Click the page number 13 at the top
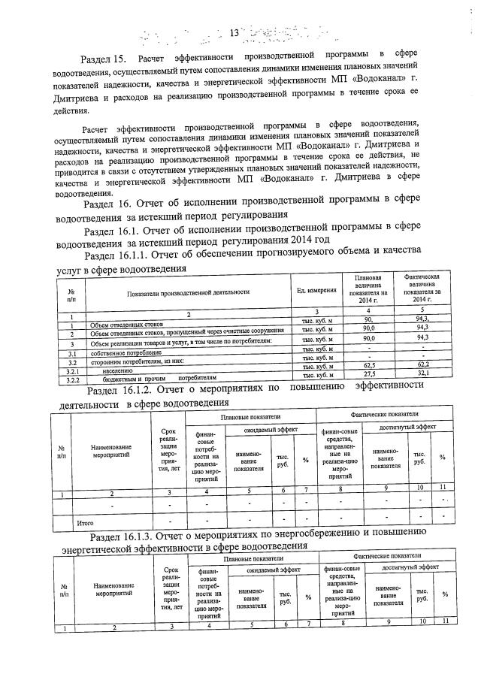pos(233,33)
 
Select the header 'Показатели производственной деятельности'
pos(189,292)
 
